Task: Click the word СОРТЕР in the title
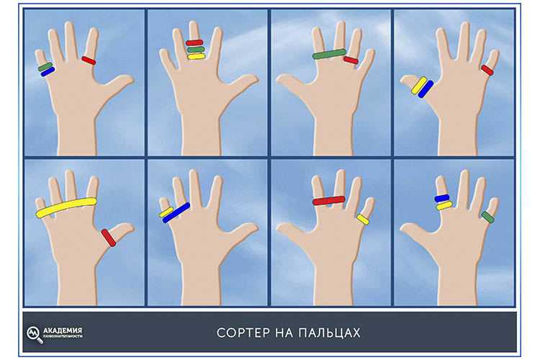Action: [x=243, y=333]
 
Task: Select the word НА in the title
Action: [x=284, y=333]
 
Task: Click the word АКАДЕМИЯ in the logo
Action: [x=63, y=330]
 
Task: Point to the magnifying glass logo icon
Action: [x=35, y=334]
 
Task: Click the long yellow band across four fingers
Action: [x=66, y=207]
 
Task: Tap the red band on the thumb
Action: [x=109, y=238]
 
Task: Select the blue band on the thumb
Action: [x=426, y=89]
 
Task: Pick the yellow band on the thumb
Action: [x=419, y=85]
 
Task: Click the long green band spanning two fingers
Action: [x=329, y=54]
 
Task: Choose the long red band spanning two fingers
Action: [x=329, y=200]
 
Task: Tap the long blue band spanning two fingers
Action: [x=176, y=212]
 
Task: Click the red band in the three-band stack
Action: [x=194, y=43]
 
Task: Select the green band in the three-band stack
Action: [x=196, y=50]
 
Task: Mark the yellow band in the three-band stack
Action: [x=197, y=56]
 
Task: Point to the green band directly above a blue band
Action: [x=45, y=67]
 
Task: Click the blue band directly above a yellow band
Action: [x=442, y=199]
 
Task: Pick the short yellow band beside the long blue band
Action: [x=166, y=212]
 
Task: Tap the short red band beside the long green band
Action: [x=351, y=60]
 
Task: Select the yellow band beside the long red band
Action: [x=363, y=220]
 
